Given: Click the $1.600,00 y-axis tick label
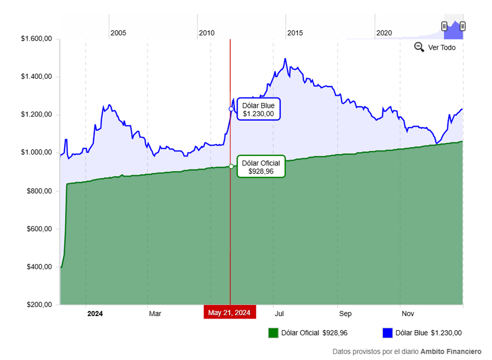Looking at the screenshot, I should point(36,39).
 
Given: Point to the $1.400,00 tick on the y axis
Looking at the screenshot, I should point(36,77).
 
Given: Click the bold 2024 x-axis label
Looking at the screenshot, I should point(95,314).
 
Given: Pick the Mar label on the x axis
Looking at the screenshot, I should point(155,314).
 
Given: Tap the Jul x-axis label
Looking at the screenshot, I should point(279,314).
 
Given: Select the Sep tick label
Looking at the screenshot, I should point(345,314).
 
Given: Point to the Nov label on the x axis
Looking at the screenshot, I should point(408,314).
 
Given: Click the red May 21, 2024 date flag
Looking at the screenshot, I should point(230,312).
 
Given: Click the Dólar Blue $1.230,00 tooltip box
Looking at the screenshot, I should point(258,109).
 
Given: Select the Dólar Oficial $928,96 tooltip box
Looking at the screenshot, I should point(261,166).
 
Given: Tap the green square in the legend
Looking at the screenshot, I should point(273,333).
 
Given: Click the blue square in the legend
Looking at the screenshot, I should point(387,333).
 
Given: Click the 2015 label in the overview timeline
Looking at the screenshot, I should point(295,33).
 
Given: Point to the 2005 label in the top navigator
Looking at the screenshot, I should point(118,33).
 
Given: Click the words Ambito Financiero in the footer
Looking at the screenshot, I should point(451,352).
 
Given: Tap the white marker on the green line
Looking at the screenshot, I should point(231,166).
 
